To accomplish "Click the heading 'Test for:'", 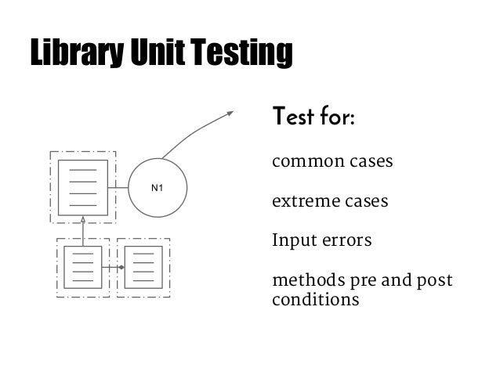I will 313,119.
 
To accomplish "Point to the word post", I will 436,281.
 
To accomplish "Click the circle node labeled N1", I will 158,188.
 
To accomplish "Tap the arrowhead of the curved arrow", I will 230,113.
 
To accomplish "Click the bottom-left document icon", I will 82,268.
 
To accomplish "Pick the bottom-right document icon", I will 143,268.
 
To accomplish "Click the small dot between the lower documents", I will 121,268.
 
